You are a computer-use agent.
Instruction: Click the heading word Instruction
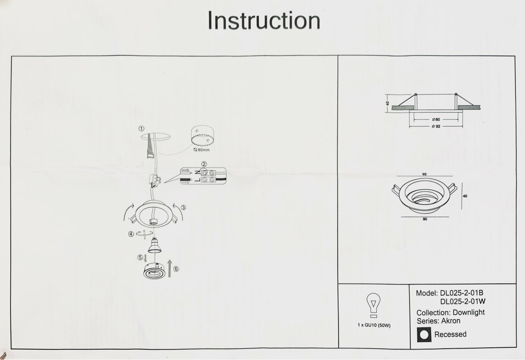264,21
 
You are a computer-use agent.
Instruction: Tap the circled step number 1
141,129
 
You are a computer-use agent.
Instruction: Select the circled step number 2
204,164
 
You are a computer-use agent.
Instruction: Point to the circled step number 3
184,207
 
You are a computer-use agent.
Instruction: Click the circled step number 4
131,234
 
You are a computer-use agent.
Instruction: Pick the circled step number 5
140,257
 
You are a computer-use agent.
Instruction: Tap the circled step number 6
176,269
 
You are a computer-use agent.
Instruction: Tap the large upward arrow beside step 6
170,268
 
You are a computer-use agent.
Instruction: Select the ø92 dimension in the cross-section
436,126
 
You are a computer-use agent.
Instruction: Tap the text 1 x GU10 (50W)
374,325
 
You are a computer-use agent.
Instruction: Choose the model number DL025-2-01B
461,293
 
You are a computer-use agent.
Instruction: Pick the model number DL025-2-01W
463,302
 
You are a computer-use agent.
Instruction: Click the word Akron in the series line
451,321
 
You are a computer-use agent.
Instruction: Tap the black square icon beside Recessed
423,334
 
